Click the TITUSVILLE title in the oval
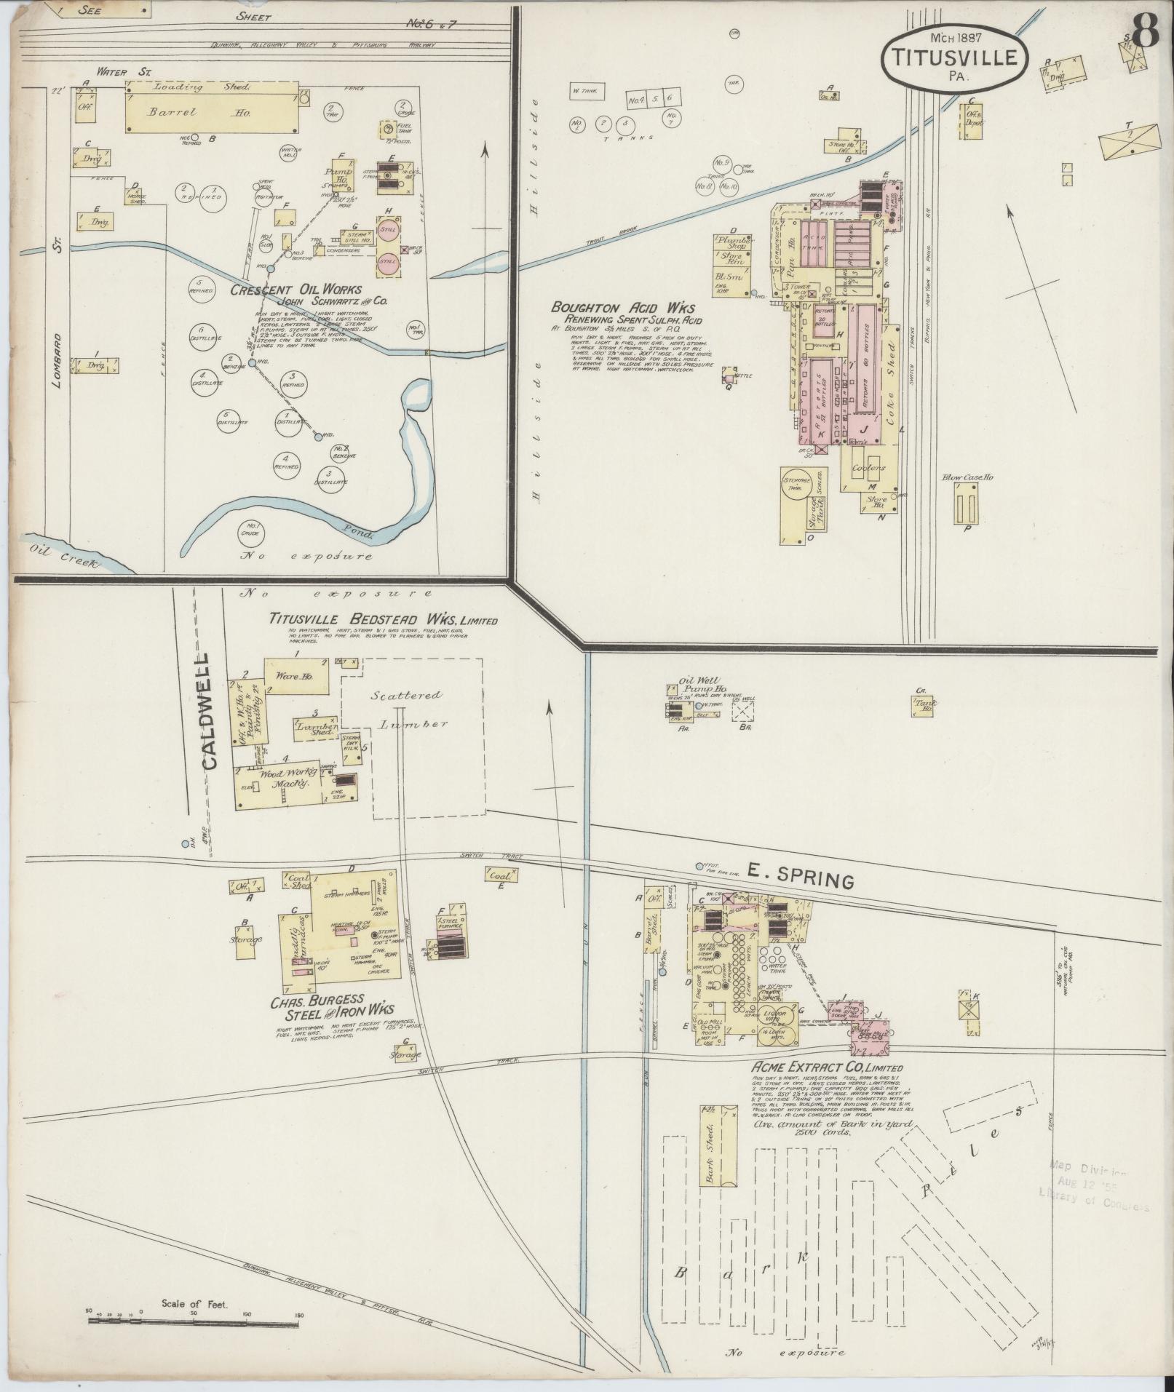point(954,57)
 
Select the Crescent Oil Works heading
point(296,290)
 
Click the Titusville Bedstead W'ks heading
point(383,619)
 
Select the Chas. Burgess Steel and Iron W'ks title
point(332,1008)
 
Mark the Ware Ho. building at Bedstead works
point(294,676)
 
